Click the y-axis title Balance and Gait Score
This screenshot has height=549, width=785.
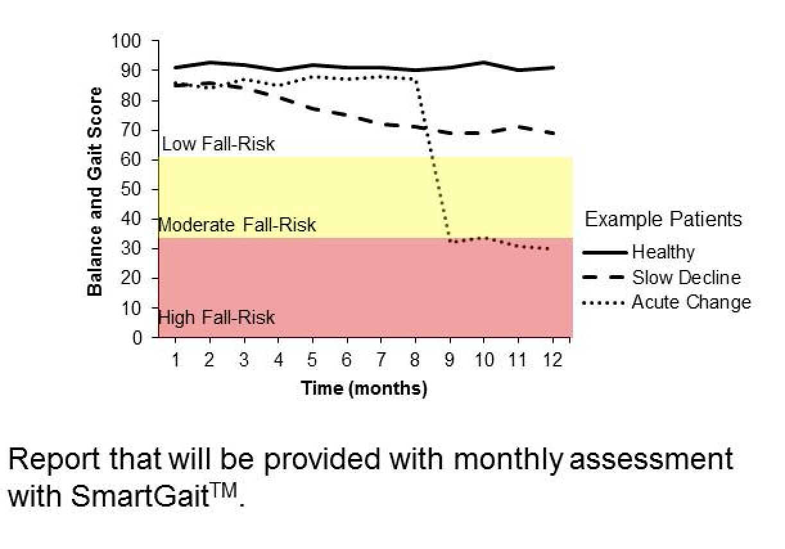[x=94, y=192]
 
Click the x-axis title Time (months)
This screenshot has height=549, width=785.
[x=364, y=388]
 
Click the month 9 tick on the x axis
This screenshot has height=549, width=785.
[x=449, y=360]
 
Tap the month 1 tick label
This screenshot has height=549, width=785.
[x=175, y=360]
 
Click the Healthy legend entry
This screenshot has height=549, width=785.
[x=663, y=252]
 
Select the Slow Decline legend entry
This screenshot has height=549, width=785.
[x=686, y=277]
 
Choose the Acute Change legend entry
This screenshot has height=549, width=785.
[x=691, y=301]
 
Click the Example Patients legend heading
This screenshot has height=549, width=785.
[x=663, y=219]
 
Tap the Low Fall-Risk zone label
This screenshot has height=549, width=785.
[x=218, y=143]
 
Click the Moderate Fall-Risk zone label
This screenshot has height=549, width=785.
[x=237, y=225]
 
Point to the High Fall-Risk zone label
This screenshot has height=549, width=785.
[x=216, y=317]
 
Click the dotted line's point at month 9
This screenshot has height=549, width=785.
[x=450, y=241]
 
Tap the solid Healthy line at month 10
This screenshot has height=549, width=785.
[x=484, y=62]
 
